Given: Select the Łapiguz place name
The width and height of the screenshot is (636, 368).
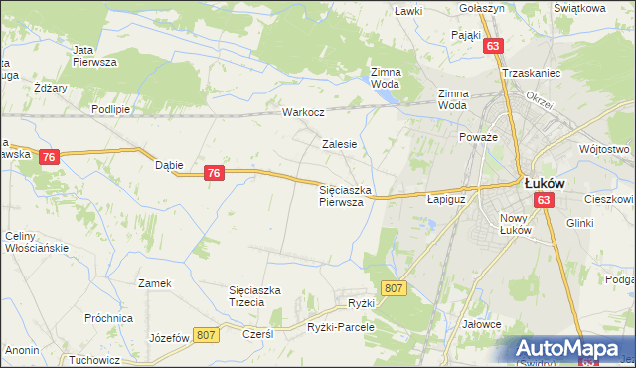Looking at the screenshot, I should coord(446,198).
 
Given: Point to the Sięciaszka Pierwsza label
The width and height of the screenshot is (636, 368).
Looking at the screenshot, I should coord(345,195).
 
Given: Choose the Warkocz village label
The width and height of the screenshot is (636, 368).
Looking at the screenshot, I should coord(304,112).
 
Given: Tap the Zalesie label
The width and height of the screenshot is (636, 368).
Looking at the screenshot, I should coord(339,143).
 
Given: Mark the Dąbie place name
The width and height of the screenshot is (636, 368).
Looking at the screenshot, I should coord(169,165).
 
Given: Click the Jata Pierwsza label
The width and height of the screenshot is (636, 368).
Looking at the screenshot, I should coord(95,55).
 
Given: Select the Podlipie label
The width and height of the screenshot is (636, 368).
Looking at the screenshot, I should coord(110,109).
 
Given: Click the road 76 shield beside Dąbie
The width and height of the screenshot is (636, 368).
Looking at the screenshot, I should coord(213,173).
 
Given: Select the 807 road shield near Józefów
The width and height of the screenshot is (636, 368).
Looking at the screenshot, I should coord(207,337).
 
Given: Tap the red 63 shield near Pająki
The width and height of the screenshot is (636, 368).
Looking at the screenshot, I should coord(494,45).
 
